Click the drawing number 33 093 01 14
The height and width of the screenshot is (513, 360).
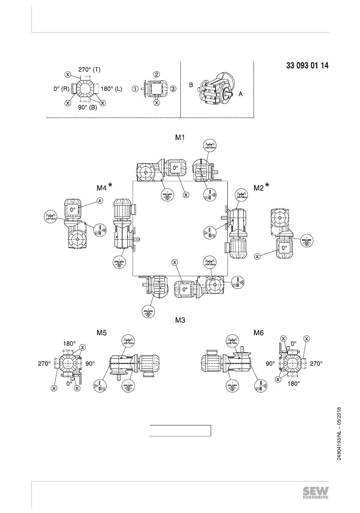[x=307, y=66]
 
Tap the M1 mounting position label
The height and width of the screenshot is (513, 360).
[x=180, y=137]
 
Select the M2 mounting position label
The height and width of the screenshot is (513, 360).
[x=258, y=188]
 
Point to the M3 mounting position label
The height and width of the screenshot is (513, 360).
[x=180, y=320]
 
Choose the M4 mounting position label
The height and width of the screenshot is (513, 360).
[x=102, y=188]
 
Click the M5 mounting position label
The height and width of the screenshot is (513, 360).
[x=102, y=333]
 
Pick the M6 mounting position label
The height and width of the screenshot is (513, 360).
[x=258, y=333]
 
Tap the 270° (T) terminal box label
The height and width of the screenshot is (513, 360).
[x=89, y=69]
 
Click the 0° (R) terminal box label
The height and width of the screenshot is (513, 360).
[x=61, y=89]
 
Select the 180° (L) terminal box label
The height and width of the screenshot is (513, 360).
[x=111, y=89]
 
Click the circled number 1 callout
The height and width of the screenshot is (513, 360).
[x=136, y=89]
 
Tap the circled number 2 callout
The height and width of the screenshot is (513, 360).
[x=157, y=74]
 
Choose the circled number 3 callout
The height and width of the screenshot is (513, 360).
[x=174, y=89]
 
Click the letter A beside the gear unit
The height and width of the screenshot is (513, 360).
[x=240, y=94]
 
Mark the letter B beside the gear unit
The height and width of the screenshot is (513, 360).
[x=191, y=85]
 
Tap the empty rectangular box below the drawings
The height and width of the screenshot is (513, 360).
[x=180, y=431]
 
